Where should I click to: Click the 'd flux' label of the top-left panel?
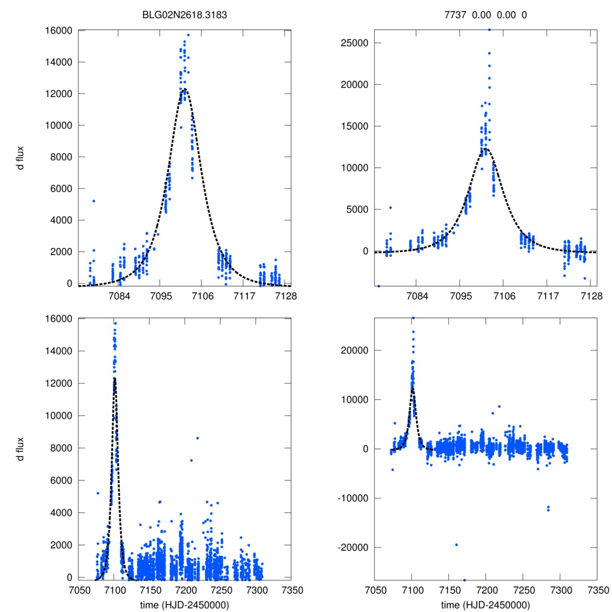(20, 157)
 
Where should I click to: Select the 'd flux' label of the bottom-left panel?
(20, 448)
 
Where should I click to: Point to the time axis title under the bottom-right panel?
(485, 604)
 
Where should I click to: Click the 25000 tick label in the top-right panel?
(352, 43)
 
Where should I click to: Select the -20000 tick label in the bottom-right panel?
(350, 547)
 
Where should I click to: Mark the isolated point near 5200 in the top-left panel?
(94, 201)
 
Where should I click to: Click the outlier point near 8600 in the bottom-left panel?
(198, 438)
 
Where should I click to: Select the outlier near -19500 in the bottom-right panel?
(456, 544)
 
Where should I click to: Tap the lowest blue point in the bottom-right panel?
(464, 580)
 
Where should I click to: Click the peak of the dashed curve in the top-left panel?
(185, 89)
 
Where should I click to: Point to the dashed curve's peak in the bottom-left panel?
(114, 378)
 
